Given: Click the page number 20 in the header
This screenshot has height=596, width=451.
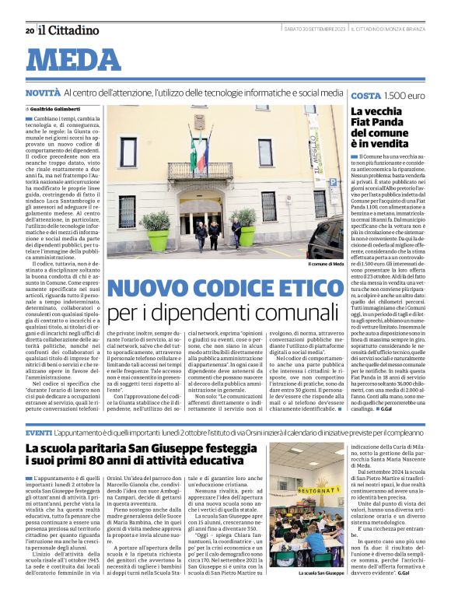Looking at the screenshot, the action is [x=30, y=30].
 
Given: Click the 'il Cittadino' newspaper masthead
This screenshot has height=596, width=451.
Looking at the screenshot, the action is [x=70, y=30].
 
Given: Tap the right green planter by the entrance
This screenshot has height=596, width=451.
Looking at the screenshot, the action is [x=247, y=231].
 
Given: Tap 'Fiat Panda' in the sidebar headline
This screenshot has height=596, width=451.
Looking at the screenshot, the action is [x=377, y=123].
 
